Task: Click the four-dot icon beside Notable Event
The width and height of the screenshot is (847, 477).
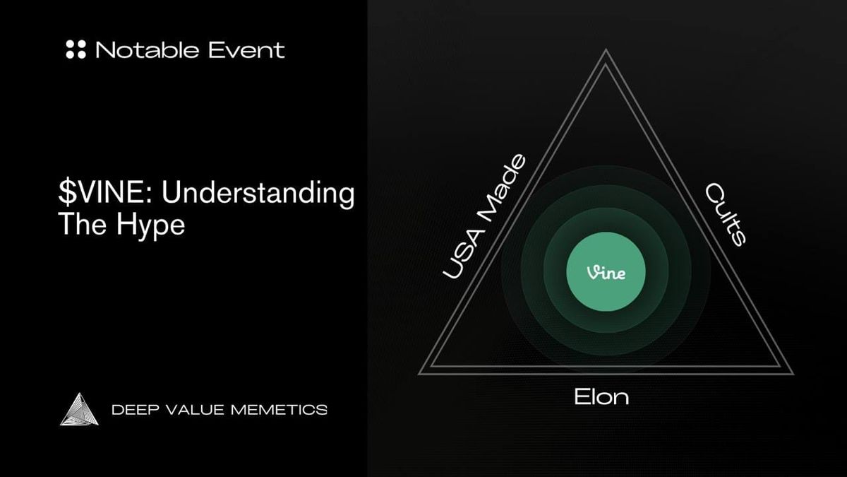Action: pos(76,49)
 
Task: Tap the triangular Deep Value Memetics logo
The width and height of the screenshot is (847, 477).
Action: pos(80,409)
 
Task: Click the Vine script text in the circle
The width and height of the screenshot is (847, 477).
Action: pos(606,273)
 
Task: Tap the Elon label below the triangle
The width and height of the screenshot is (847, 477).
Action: pos(601,396)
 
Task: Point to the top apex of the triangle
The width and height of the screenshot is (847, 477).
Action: pos(606,51)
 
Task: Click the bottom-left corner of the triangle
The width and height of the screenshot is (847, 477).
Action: pos(421,372)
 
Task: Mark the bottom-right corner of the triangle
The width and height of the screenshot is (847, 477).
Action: pos(791,372)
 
